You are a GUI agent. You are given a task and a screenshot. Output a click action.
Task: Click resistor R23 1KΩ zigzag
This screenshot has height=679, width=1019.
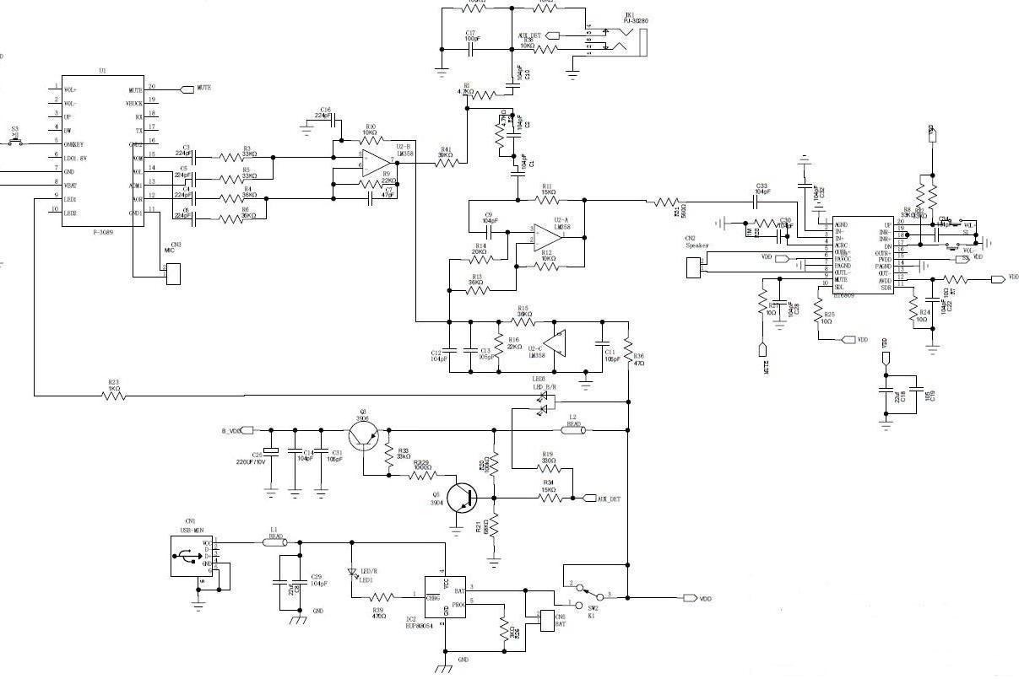coord(114,395)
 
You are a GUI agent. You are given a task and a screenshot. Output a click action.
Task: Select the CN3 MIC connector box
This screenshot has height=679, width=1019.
coord(173,274)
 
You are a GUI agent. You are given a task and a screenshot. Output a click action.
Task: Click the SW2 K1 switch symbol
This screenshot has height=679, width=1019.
coord(589,595)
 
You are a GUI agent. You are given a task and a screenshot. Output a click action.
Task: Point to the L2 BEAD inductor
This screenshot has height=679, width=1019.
coord(572,429)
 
